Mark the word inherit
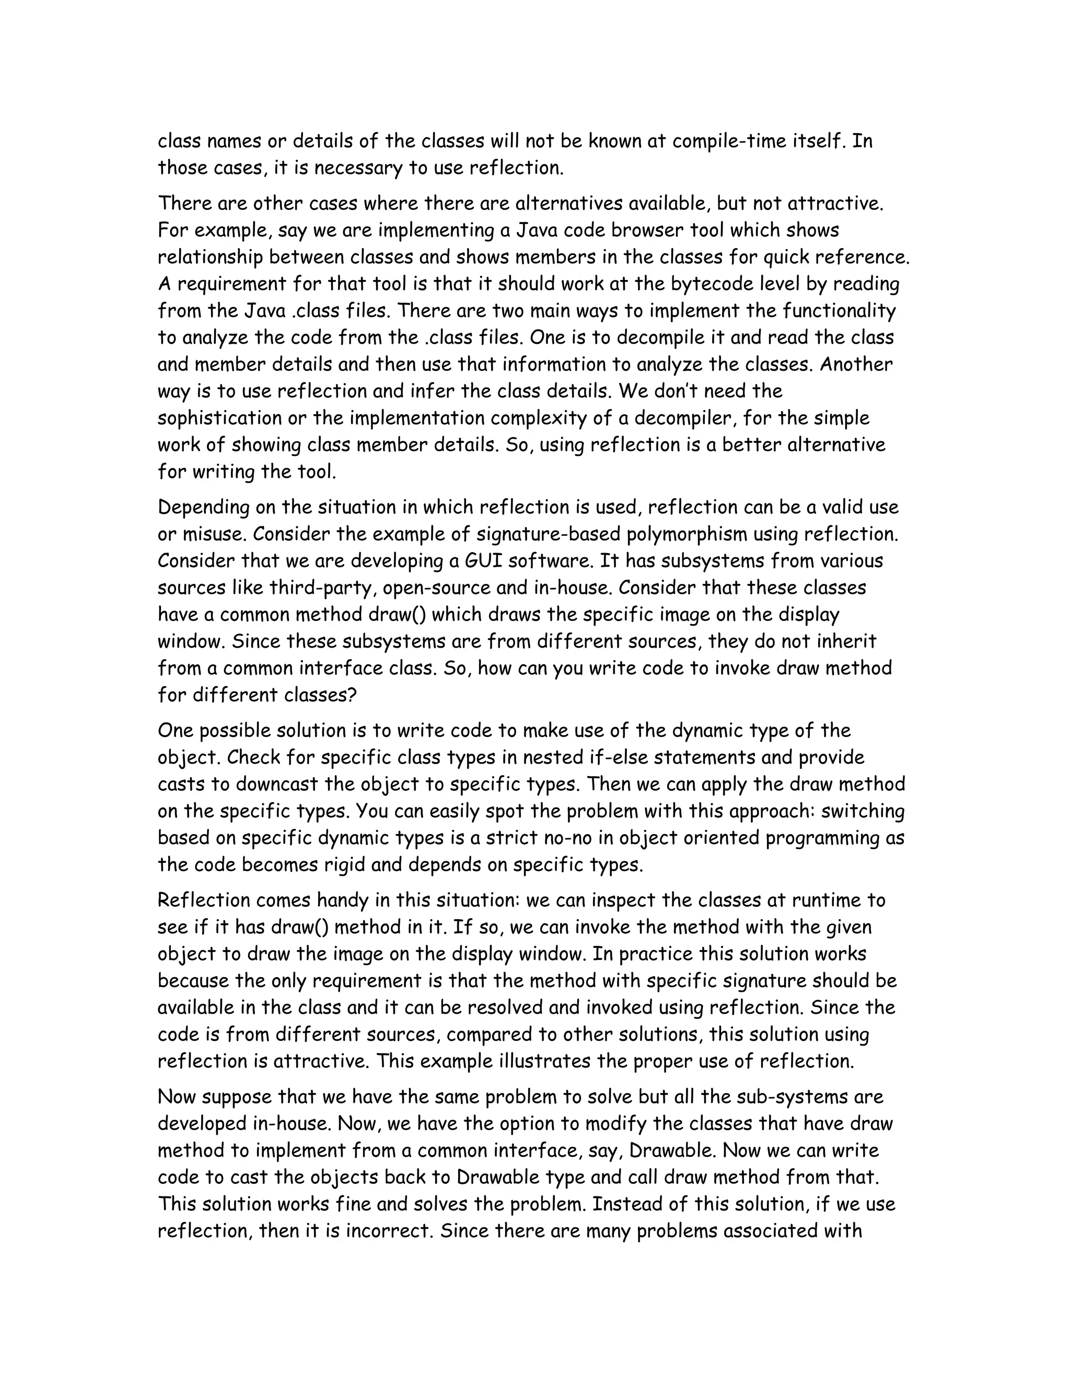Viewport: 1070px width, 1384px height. tap(845, 641)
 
